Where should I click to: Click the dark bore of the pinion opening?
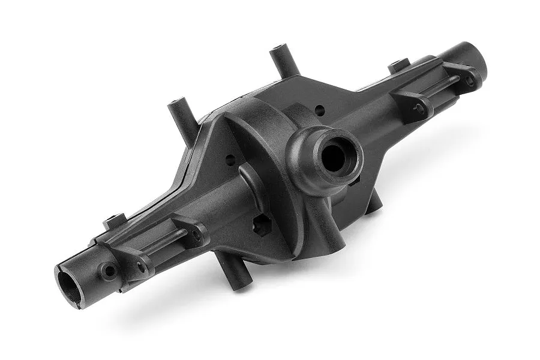333,157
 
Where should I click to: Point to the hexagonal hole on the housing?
262,227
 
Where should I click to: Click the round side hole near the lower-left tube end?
109,271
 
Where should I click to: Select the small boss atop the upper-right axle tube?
398,64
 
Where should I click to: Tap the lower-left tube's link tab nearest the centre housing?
193,232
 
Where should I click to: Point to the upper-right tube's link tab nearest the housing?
414,105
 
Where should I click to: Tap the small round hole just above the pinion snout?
320,110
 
